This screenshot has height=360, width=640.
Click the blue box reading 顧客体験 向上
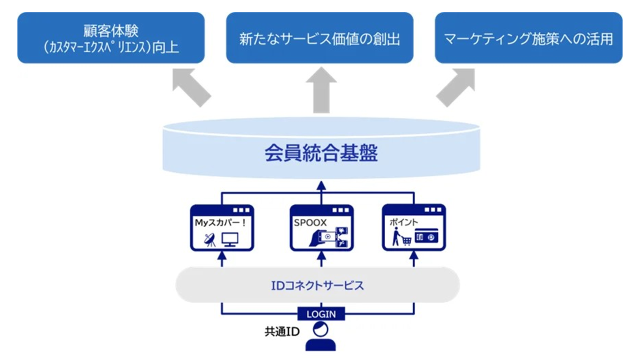[x=111, y=38]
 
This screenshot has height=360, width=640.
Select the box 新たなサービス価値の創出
[x=320, y=38]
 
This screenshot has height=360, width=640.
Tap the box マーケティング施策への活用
[x=528, y=38]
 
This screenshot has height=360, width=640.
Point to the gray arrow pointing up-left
[x=192, y=88]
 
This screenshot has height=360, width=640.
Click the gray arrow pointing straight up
[x=321, y=90]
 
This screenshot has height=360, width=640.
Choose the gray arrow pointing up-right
[x=456, y=88]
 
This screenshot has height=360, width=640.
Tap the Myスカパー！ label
[x=220, y=222]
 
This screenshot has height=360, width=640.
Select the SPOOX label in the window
[x=310, y=223]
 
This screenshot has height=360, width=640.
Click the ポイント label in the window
[x=404, y=222]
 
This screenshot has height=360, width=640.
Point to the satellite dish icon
[x=210, y=240]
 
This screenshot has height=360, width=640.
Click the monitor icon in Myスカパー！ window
[x=230, y=240]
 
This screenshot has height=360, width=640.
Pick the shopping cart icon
[x=406, y=241]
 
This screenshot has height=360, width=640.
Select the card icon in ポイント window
[x=426, y=236]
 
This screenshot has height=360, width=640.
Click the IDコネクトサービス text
[x=318, y=286]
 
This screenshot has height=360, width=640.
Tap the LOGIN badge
[x=321, y=314]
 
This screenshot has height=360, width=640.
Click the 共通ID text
[x=282, y=332]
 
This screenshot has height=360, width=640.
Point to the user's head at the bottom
[x=320, y=330]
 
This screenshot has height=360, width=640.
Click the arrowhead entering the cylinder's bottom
[x=321, y=186]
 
